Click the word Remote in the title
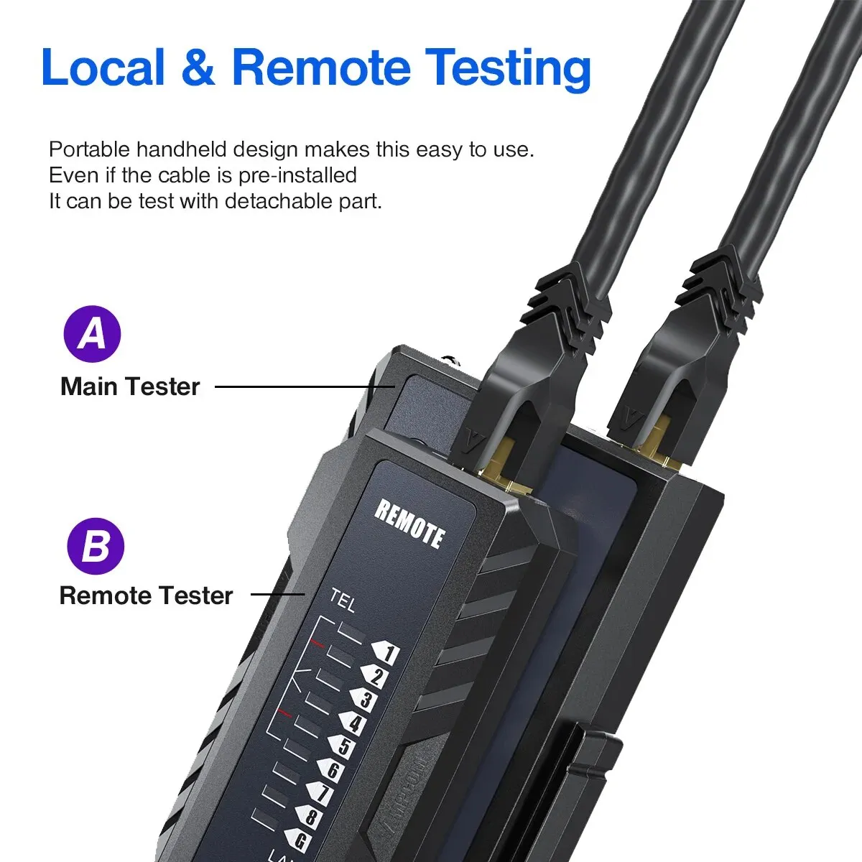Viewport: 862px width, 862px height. (x=321, y=68)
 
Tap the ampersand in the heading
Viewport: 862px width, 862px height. (x=198, y=68)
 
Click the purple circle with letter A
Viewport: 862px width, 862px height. (x=92, y=334)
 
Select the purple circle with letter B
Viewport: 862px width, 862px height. (x=96, y=546)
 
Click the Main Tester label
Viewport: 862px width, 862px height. (x=130, y=386)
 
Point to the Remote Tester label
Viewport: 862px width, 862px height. (x=146, y=595)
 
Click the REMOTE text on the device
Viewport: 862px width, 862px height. (x=409, y=523)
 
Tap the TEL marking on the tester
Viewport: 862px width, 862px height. (x=343, y=600)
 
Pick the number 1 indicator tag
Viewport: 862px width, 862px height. (x=385, y=653)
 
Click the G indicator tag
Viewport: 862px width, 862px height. (x=297, y=839)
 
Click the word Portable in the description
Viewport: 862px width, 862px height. (x=90, y=150)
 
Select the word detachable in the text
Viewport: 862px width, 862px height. (x=279, y=201)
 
